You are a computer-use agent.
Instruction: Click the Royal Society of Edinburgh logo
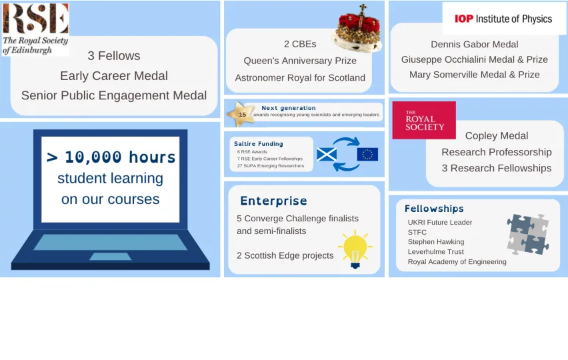pos(35,28)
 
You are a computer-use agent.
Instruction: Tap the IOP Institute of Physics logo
pos(503,19)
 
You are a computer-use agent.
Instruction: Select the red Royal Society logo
pos(424,121)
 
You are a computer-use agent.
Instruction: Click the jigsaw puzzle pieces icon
pos(528,234)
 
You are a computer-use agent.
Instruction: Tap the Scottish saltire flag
pos(327,155)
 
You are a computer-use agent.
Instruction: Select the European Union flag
pos(367,155)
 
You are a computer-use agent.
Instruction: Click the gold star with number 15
pos(241,114)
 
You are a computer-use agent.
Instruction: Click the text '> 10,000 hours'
pos(111,157)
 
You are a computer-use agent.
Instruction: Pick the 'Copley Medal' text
pos(496,135)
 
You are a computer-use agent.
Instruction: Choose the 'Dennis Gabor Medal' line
pos(474,44)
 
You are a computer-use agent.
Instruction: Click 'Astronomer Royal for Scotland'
pos(300,77)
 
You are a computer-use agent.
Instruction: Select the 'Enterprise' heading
pos(273,201)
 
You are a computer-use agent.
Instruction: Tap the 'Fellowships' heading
pos(434,209)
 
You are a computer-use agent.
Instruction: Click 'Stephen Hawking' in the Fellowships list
pos(436,241)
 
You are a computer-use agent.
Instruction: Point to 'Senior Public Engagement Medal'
pos(114,95)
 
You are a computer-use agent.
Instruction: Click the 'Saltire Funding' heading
pos(259,143)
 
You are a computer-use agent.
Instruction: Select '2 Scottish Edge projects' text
pos(285,255)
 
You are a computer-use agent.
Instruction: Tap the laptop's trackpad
pos(110,257)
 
